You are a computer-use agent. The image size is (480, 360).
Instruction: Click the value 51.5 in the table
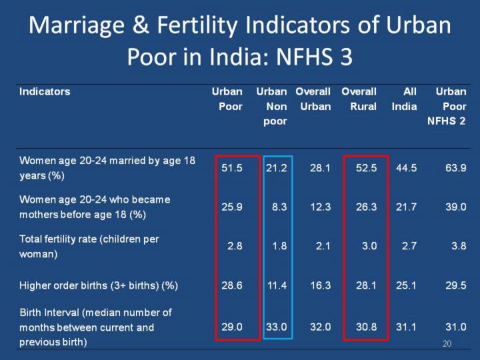tap(232, 168)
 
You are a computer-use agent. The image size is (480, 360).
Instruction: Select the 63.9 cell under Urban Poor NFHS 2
tap(455, 168)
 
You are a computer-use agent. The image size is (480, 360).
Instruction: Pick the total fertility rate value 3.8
tap(458, 245)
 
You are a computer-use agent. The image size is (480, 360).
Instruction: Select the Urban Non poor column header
tap(271, 106)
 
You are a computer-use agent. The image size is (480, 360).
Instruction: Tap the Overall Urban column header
tap(313, 99)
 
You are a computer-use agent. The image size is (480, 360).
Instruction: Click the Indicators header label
tap(45, 91)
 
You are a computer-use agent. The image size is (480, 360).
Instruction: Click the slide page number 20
tap(447, 343)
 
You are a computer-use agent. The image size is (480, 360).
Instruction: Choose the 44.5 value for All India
tap(406, 168)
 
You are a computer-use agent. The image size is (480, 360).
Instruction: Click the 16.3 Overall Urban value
tap(320, 285)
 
